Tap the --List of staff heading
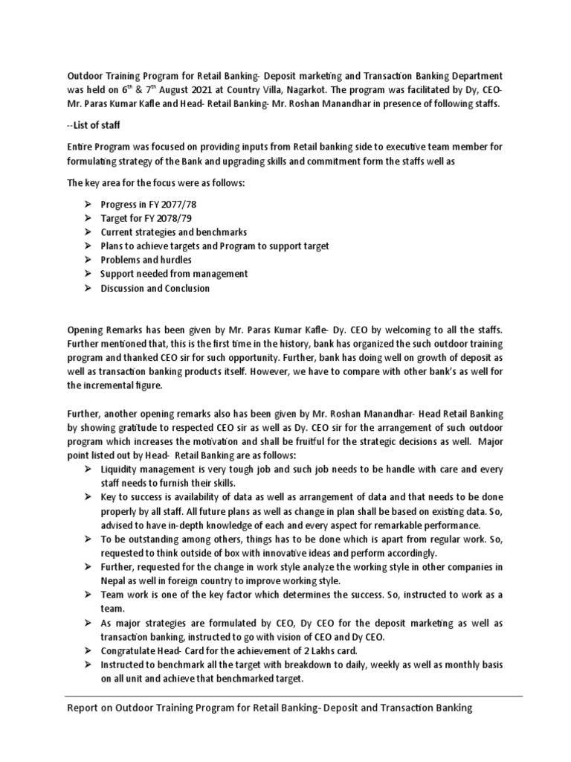click(x=95, y=124)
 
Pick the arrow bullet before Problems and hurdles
click(x=87, y=260)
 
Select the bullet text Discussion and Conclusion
click(x=155, y=288)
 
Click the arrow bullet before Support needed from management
click(x=87, y=274)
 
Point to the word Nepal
click(x=114, y=580)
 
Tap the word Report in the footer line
click(x=83, y=708)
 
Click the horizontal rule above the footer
click(x=285, y=696)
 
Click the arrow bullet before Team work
click(x=87, y=595)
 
